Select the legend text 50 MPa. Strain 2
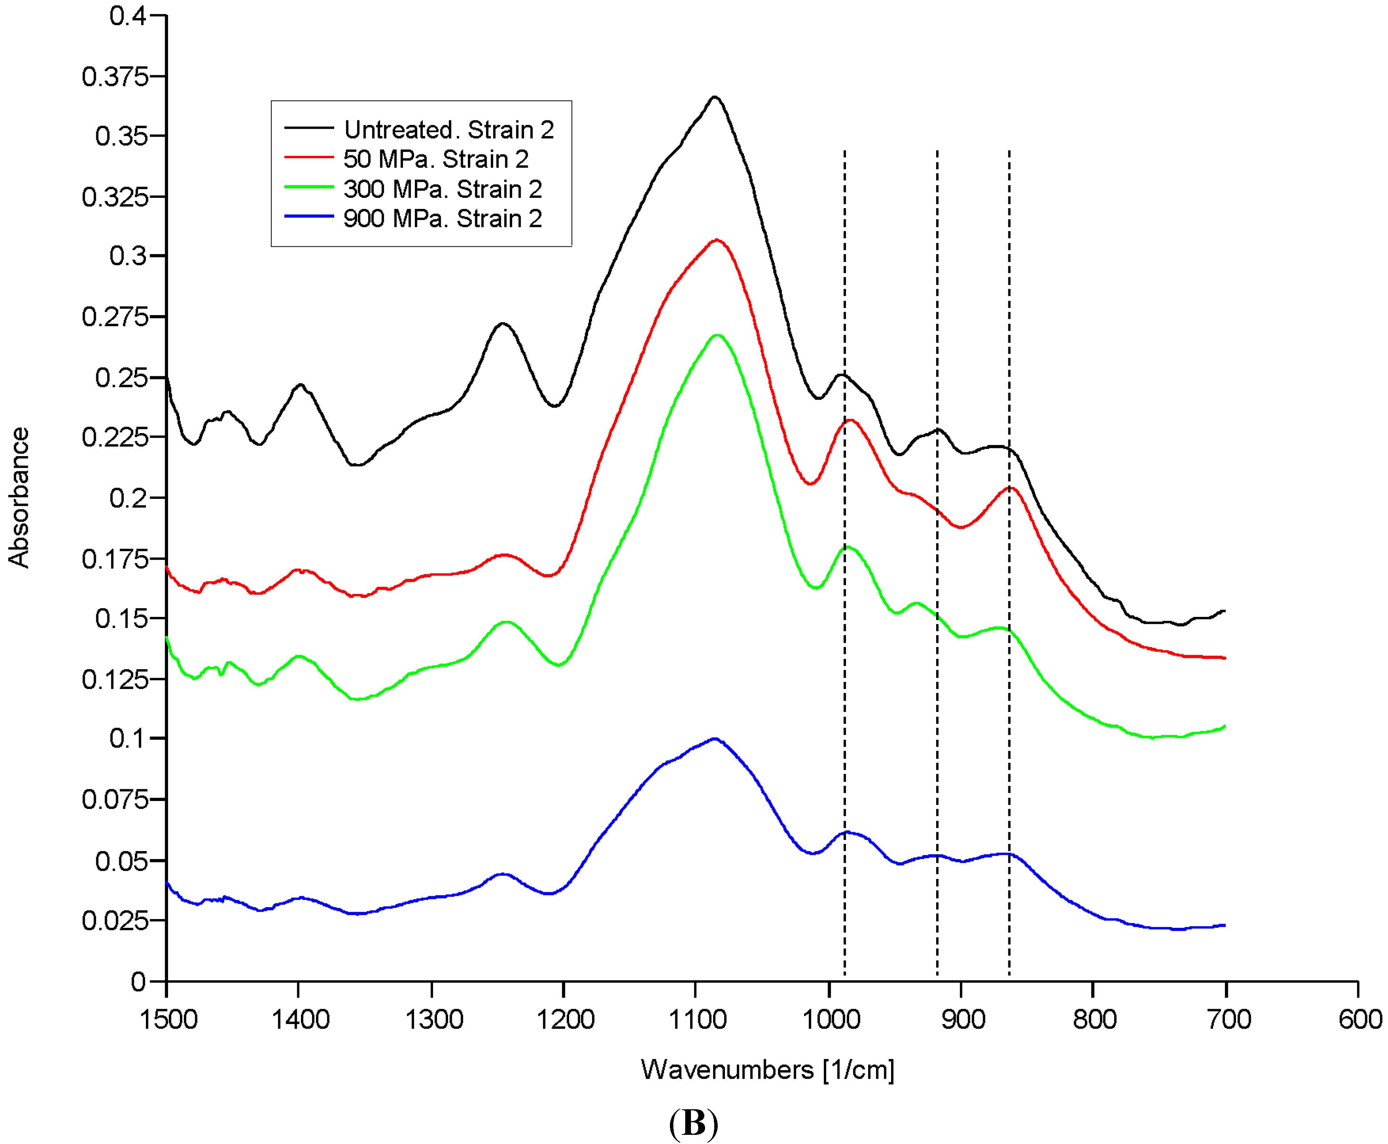point(436,160)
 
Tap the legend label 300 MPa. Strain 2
point(442,189)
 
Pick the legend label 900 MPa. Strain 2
point(442,218)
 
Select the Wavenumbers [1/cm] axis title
point(767,1070)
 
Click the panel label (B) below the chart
point(693,1122)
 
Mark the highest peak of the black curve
point(714,97)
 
